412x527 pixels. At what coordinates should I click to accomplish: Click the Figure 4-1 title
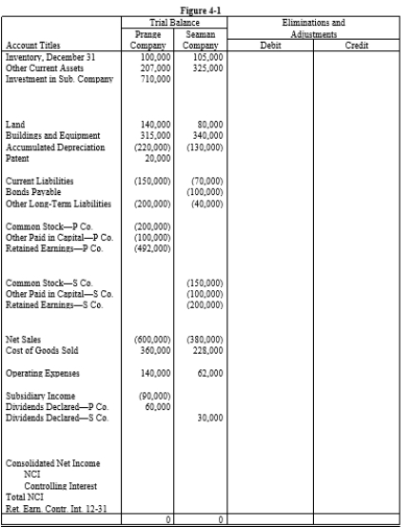[206, 6]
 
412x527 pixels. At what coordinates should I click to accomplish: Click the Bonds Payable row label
[30, 190]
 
